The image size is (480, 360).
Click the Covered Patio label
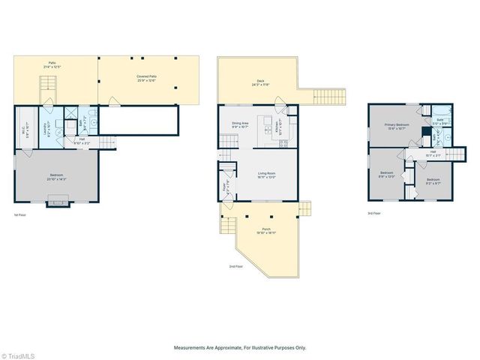click(x=145, y=77)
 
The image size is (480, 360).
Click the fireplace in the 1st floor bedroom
click(x=57, y=201)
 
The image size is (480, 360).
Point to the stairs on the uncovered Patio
click(x=49, y=82)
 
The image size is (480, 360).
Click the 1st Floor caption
click(x=20, y=215)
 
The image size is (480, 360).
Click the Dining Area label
click(x=240, y=125)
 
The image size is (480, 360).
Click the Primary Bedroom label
click(x=395, y=127)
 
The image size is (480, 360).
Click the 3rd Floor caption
click(x=373, y=214)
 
